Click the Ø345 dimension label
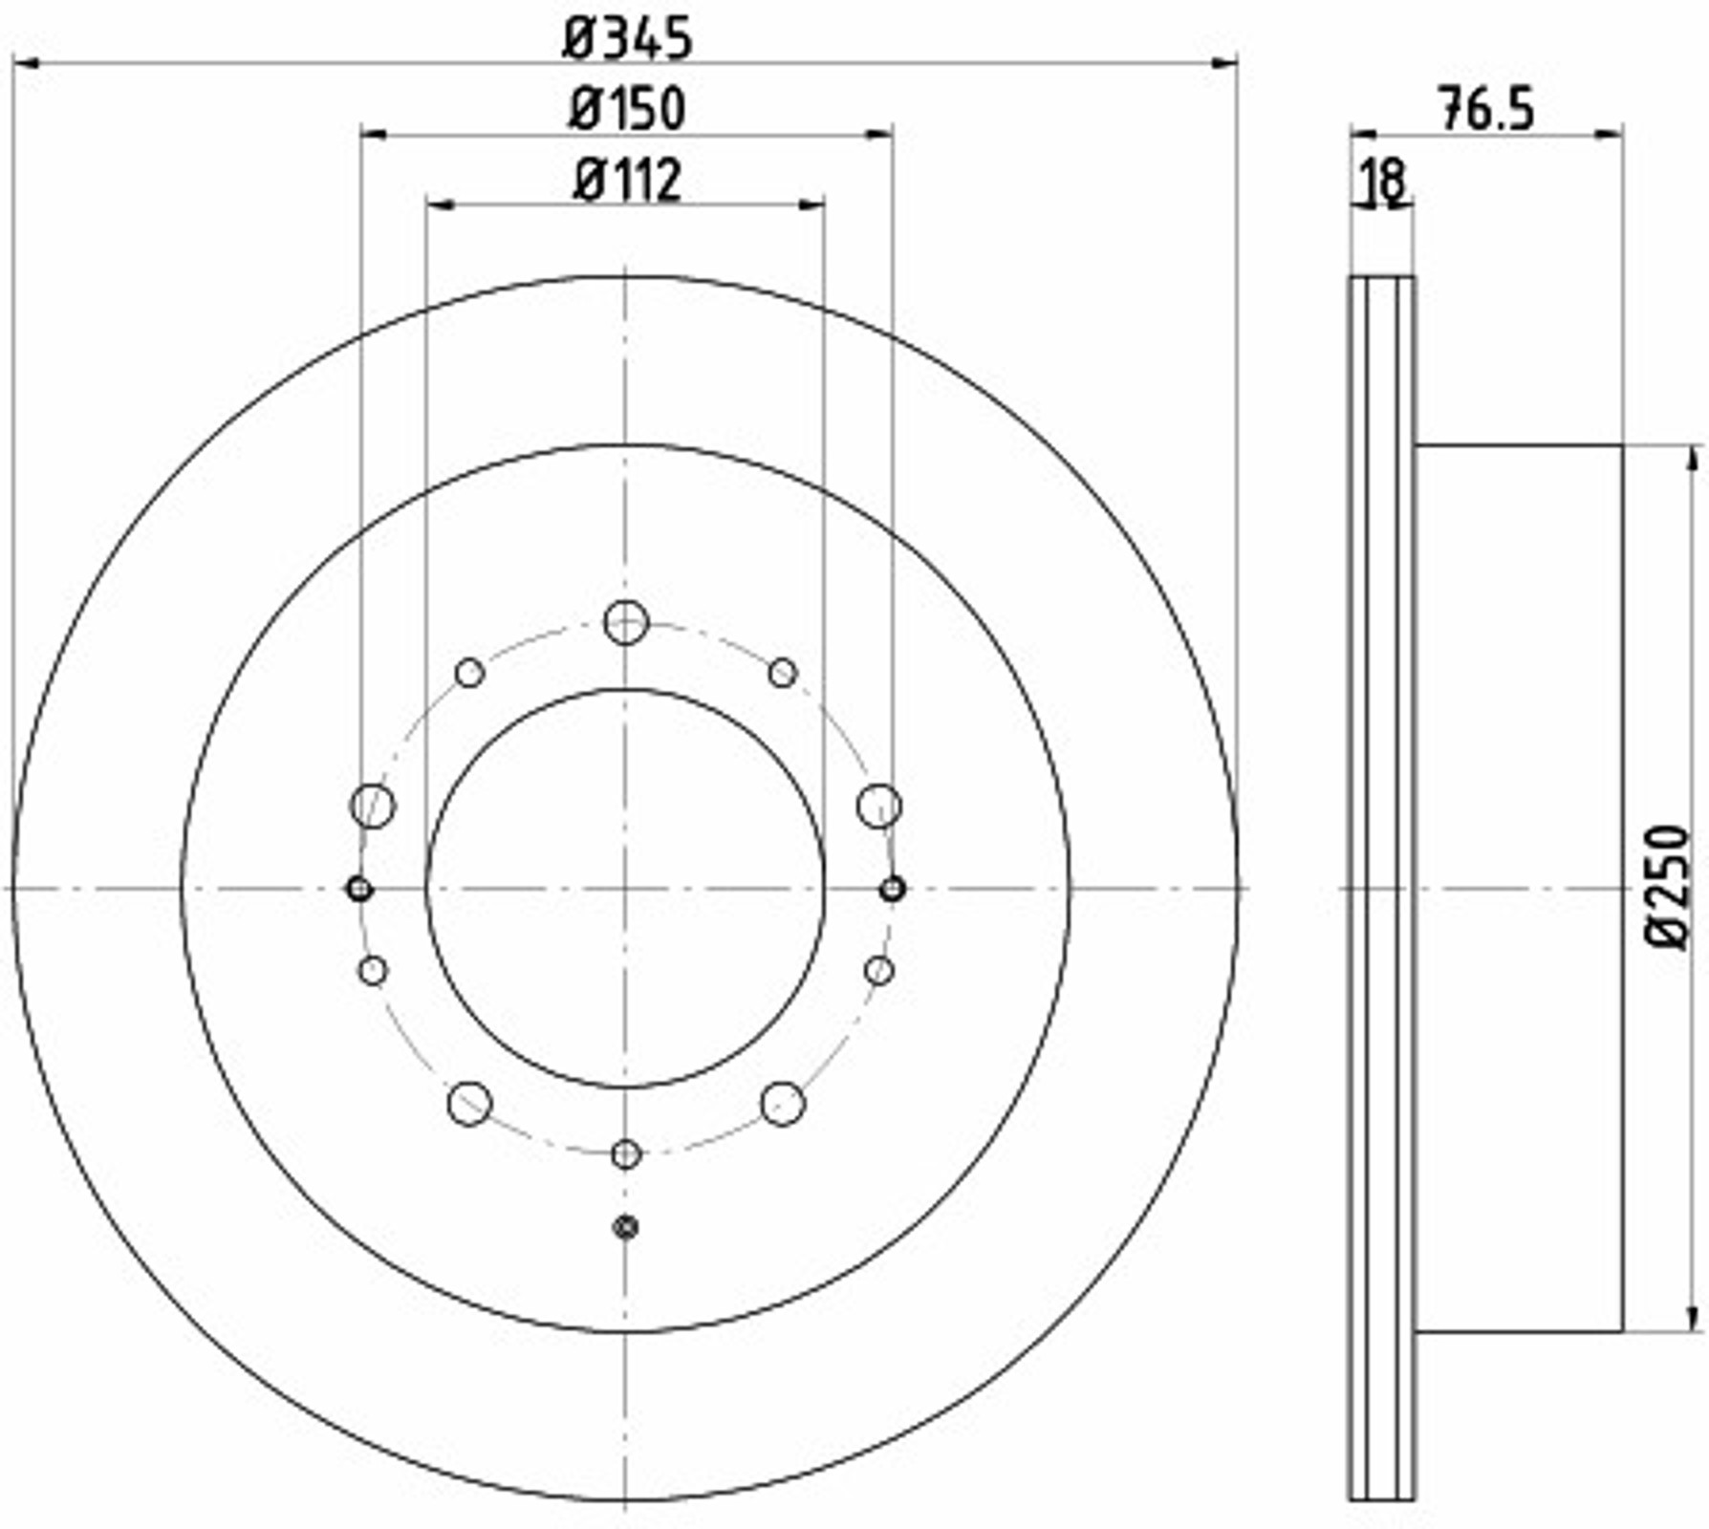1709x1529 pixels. click(627, 39)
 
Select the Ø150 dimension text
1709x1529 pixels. click(627, 109)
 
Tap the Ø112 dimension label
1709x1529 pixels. click(627, 180)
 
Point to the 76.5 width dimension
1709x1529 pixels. click(1486, 109)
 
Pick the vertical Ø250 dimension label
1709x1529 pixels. click(1668, 888)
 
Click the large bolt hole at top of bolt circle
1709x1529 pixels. click(626, 623)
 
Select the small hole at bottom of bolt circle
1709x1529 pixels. click(626, 1154)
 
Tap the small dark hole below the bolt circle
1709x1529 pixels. click(626, 1227)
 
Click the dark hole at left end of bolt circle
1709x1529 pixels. click(359, 890)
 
